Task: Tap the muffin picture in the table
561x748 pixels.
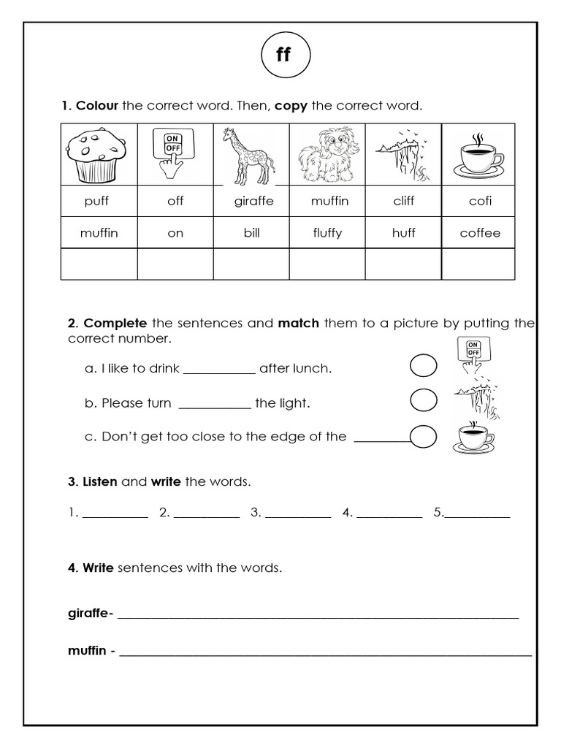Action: click(x=99, y=155)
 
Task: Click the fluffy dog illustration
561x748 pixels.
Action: click(x=327, y=156)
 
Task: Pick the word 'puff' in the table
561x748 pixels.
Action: click(x=99, y=201)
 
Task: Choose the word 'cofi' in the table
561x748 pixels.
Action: click(x=480, y=201)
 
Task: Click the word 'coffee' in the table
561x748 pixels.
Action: click(x=480, y=233)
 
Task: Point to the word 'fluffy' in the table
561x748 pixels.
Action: click(x=327, y=233)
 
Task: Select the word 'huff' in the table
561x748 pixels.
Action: click(x=403, y=233)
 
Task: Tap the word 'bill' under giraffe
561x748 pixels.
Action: click(x=251, y=233)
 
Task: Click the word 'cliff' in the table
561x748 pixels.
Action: click(x=403, y=201)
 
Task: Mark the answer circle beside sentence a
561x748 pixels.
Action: click(x=424, y=365)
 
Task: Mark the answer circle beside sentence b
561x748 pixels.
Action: click(x=424, y=400)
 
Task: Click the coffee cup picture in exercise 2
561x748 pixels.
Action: click(x=474, y=436)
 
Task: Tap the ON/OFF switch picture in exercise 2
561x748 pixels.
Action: click(x=473, y=355)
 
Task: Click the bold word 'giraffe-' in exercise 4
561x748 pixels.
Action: click(x=90, y=613)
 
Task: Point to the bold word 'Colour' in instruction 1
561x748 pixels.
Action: click(x=97, y=106)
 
